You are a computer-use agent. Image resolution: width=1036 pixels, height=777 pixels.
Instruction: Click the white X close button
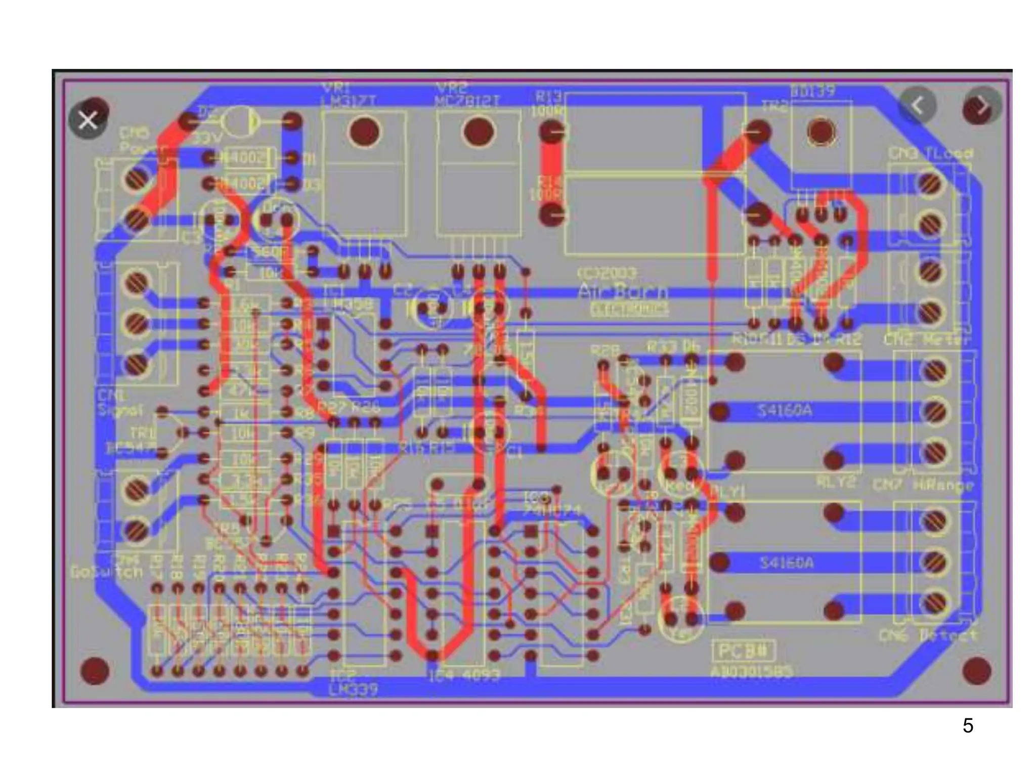88,120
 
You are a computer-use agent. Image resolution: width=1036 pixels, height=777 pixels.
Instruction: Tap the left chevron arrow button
917,106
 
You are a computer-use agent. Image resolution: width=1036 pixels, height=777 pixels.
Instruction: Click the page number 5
968,726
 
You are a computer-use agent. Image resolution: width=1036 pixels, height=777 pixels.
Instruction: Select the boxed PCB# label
744,651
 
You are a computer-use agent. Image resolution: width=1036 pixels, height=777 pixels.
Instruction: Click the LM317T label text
349,101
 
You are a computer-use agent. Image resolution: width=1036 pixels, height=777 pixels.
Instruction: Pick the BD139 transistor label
812,91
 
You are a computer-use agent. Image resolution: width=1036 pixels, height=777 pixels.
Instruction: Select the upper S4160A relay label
785,410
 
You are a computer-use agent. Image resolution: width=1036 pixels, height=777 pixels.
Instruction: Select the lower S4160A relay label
787,563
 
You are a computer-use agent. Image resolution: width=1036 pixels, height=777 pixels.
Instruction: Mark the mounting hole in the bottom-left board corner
95,671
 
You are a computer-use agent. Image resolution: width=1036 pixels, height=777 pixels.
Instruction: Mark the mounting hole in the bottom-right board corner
976,671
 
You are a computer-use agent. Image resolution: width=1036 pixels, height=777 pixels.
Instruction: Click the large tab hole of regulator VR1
364,132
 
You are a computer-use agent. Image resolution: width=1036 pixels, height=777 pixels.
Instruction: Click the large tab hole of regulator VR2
479,132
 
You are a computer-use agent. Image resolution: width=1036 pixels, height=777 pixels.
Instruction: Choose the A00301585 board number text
752,672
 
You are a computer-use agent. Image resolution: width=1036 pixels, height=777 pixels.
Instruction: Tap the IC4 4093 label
464,675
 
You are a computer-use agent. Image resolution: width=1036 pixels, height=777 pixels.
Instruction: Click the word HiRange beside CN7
943,486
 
